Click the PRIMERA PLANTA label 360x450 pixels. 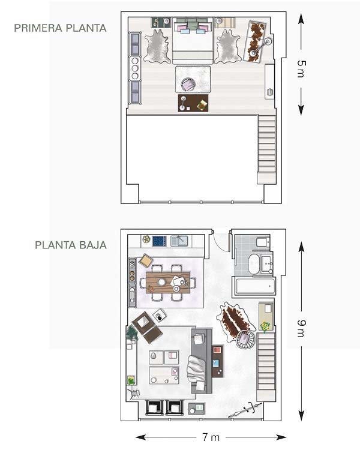coord(60,28)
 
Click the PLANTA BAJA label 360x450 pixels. coord(71,245)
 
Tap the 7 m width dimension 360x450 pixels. coord(211,437)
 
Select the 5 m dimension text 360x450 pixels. coord(301,69)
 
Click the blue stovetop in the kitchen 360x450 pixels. coord(159,241)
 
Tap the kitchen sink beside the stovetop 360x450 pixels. coord(179,241)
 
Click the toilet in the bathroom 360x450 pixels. coord(263,242)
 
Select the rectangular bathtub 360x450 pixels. coord(254,286)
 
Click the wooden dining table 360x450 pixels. coord(168,283)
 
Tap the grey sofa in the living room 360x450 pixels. coord(202,361)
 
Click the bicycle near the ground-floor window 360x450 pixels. coord(246,410)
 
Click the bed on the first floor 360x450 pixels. coord(193,41)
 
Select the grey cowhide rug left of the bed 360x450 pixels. coord(157,46)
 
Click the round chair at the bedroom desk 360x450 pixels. coord(188,85)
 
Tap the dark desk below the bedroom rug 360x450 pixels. coord(193,103)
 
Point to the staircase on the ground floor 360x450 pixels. coord(266,367)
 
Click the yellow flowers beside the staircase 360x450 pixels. coord(265,326)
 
